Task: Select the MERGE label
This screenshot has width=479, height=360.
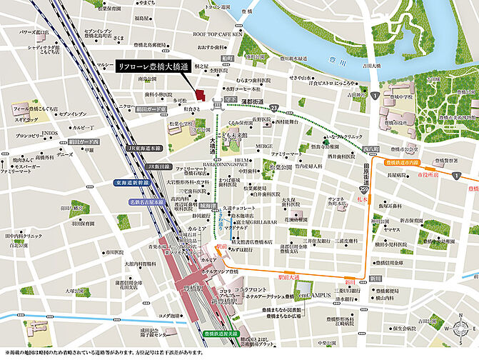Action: [x=264, y=146]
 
